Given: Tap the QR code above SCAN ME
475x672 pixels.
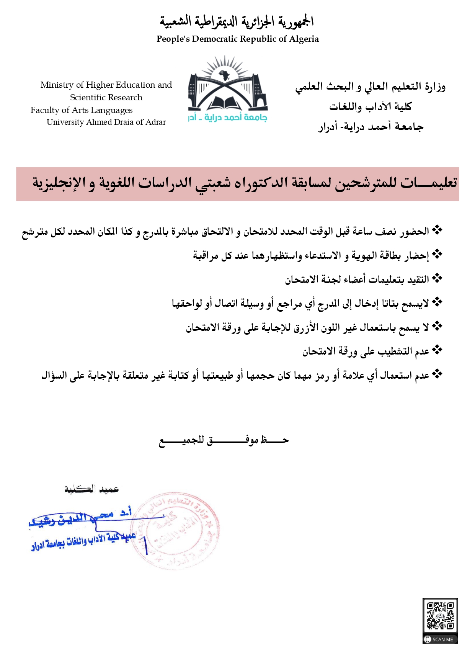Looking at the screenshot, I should [440, 616].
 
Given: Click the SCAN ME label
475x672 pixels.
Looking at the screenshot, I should [440, 639].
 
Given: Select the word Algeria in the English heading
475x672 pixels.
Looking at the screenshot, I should [304, 39].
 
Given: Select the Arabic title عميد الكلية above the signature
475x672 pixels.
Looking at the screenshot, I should [91, 489].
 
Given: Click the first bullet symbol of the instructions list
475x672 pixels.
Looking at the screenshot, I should [437, 231].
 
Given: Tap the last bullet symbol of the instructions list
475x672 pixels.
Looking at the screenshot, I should [437, 374].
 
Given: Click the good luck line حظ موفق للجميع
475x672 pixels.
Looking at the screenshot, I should [224, 440].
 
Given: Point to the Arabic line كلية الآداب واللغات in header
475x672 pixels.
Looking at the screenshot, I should [370, 106].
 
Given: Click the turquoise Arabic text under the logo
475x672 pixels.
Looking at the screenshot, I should [228, 118].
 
